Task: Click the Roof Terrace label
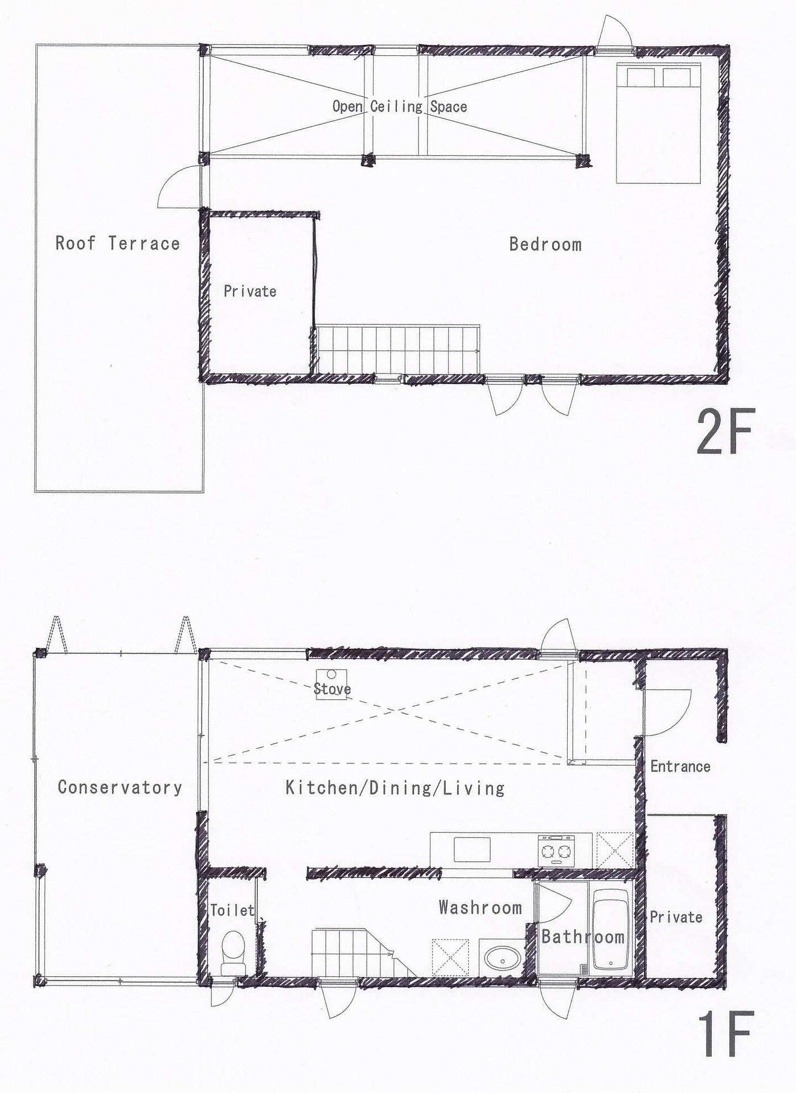coord(117,243)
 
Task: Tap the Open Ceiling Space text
coord(400,106)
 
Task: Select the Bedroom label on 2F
coord(545,244)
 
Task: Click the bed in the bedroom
coord(658,123)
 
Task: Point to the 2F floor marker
coord(725,431)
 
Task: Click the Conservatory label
coord(120,787)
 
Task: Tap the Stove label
coord(332,689)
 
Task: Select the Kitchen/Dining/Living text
coord(395,788)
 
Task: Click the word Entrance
coord(680,766)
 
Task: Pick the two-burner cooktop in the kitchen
coord(556,850)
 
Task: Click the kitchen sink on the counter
coord(471,850)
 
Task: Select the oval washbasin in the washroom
coord(502,958)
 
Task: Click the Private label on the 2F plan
coord(250,291)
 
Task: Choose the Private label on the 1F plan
coord(676,917)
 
